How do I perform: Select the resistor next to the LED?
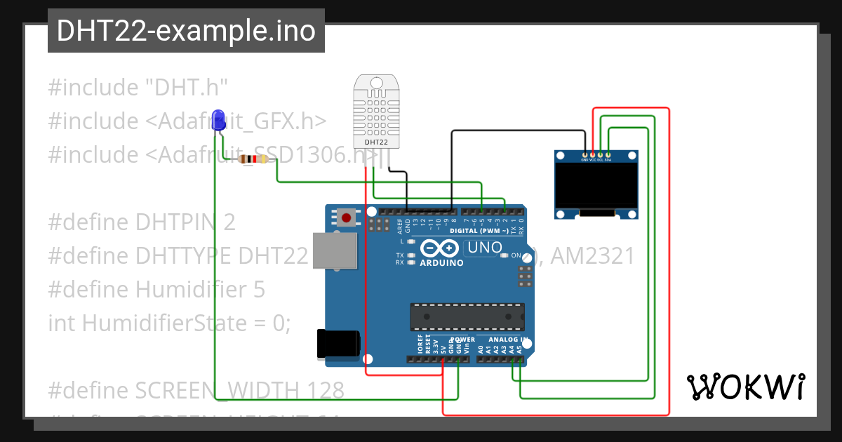click(253, 159)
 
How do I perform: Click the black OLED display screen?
click(596, 185)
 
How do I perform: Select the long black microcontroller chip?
click(467, 316)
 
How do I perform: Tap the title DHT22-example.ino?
click(186, 31)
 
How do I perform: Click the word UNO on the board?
click(484, 247)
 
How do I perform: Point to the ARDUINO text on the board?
click(441, 263)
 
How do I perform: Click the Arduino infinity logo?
click(440, 248)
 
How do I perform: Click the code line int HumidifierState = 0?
click(169, 323)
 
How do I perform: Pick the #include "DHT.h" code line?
click(138, 88)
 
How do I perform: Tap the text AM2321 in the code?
click(592, 256)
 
